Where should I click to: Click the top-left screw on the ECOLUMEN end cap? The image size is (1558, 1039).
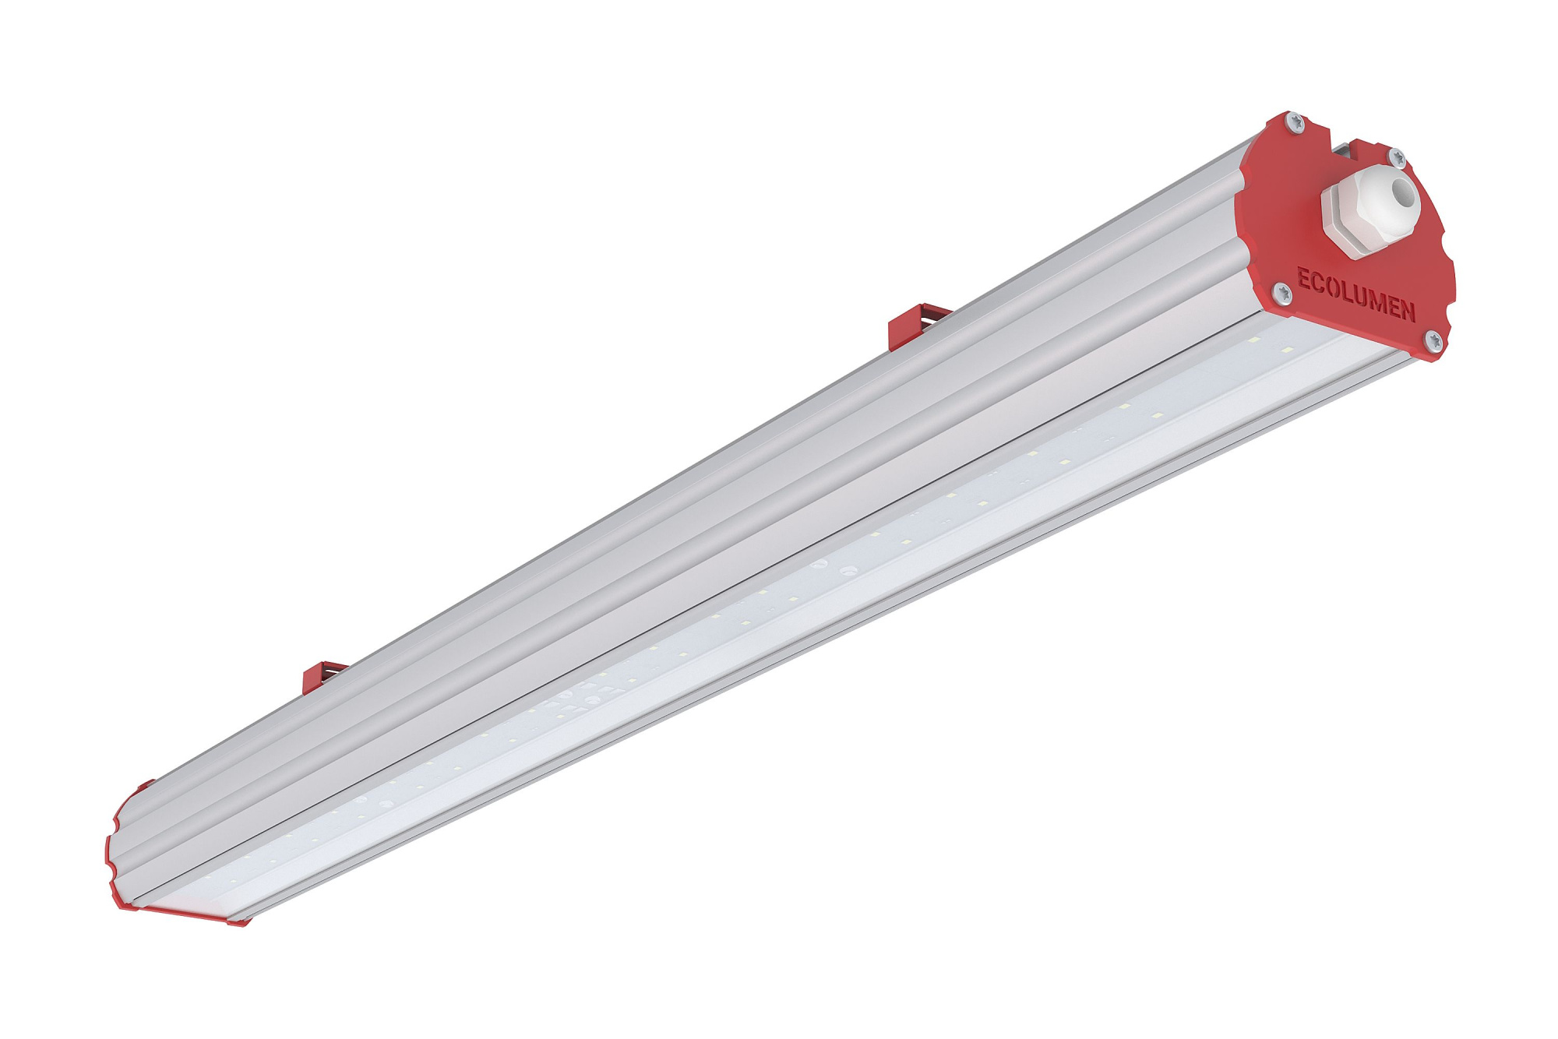[x=1295, y=121]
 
